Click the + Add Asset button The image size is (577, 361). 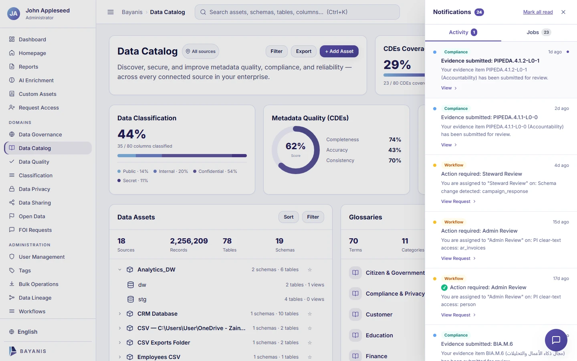pyautogui.click(x=339, y=51)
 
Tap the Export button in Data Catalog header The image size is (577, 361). pyautogui.click(x=303, y=51)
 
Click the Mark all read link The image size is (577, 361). pyautogui.click(x=538, y=12)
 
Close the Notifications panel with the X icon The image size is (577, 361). pyautogui.click(x=563, y=12)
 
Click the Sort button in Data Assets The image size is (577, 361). pyautogui.click(x=288, y=217)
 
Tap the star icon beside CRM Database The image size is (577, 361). pyautogui.click(x=310, y=314)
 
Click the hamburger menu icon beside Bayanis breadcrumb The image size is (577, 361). pyautogui.click(x=111, y=12)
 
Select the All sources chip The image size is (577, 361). pyautogui.click(x=200, y=51)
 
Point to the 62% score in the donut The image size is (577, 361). pyautogui.click(x=295, y=146)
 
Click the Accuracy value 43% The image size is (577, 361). pyautogui.click(x=395, y=150)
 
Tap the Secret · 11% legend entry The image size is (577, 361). pyautogui.click(x=133, y=180)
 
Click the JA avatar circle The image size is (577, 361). pyautogui.click(x=13, y=13)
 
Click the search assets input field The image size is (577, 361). pyautogui.click(x=297, y=12)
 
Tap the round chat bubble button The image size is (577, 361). pyautogui.click(x=556, y=340)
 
